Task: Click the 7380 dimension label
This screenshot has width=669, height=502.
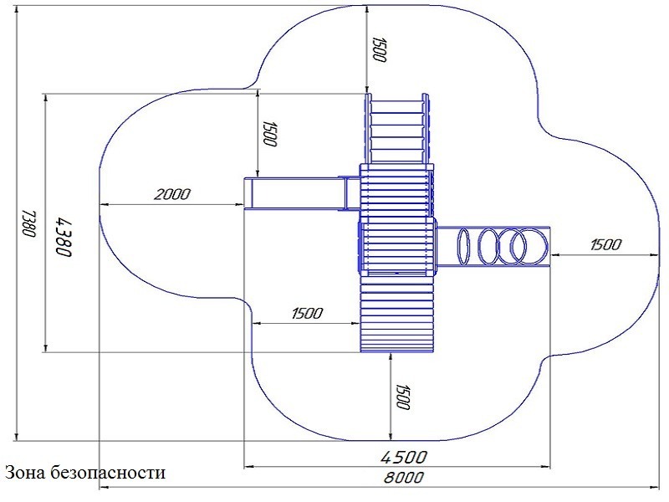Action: (x=28, y=223)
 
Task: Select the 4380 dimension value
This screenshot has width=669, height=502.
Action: (x=64, y=237)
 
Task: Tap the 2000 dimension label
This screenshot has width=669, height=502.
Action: (x=172, y=195)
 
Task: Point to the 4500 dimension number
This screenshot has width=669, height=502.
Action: (x=404, y=457)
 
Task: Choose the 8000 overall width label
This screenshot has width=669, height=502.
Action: (x=404, y=477)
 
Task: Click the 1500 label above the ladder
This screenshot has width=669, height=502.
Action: (x=380, y=49)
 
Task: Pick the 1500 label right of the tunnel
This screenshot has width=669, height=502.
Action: (x=605, y=244)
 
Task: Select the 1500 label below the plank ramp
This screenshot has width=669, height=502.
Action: (x=402, y=397)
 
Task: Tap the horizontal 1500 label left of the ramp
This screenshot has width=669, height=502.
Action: (x=307, y=313)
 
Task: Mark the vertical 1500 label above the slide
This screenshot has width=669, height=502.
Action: (x=269, y=133)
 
